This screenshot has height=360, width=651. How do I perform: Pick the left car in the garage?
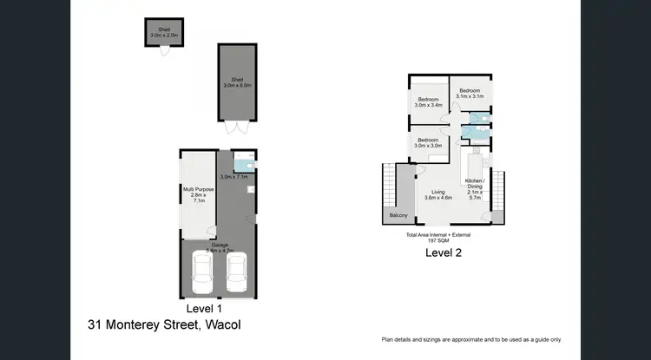(202, 273)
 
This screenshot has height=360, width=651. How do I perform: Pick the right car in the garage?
(236, 273)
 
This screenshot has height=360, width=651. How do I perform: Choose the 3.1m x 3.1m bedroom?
(470, 93)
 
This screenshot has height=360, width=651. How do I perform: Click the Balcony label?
(398, 214)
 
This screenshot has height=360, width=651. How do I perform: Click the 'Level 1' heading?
(205, 307)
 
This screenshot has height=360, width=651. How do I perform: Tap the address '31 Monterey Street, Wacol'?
(164, 324)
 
